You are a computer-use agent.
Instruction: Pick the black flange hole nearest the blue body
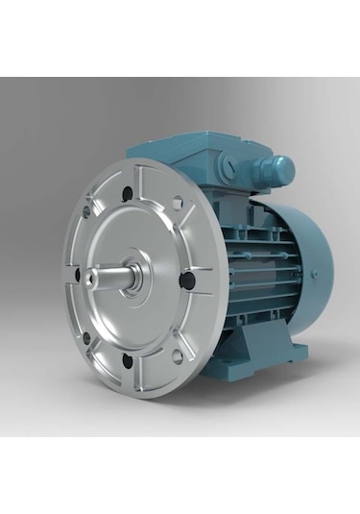[188, 280]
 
